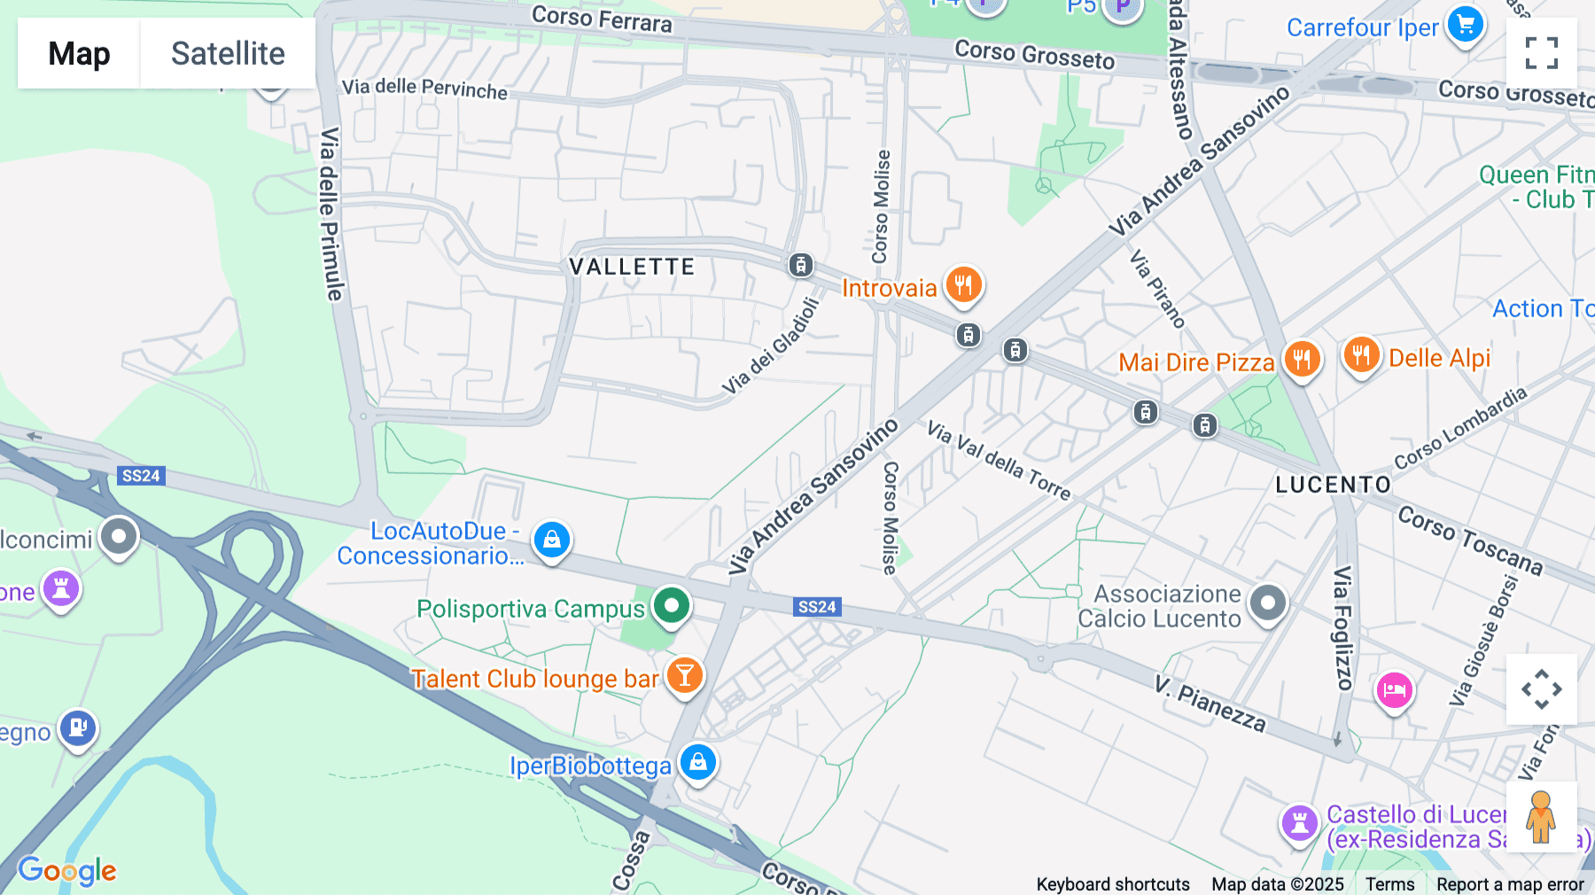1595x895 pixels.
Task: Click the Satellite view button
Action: (x=228, y=53)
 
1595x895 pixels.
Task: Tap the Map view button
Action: (x=79, y=53)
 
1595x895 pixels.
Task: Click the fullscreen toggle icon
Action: (x=1541, y=53)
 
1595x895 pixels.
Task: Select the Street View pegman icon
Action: (x=1541, y=817)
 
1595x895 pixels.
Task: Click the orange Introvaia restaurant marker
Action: (x=963, y=285)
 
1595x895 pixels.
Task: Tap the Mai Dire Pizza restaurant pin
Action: (x=1301, y=360)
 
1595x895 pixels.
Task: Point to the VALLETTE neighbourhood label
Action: (x=632, y=267)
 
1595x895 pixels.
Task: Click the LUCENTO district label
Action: (x=1333, y=485)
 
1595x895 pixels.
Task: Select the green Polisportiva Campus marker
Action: (x=672, y=607)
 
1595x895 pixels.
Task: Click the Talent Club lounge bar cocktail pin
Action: (x=684, y=676)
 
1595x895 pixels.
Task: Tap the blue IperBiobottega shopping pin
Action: (x=697, y=762)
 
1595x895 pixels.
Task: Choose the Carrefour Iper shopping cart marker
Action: (x=1465, y=25)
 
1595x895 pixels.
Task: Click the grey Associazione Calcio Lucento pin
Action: (x=1267, y=603)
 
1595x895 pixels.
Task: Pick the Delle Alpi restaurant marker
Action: (x=1360, y=355)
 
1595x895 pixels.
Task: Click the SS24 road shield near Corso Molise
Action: (x=816, y=607)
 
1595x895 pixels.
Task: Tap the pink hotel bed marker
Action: (x=1393, y=689)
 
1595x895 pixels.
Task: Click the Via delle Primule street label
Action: (x=331, y=213)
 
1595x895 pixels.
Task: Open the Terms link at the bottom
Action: (x=1389, y=883)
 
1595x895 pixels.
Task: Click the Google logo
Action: (x=67, y=870)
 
